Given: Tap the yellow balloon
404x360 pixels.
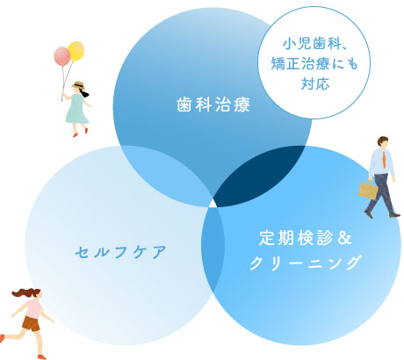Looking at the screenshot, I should [x=76, y=51].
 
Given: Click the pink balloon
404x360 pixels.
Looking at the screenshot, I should [x=61, y=57].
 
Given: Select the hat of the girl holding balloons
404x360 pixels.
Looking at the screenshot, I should [x=79, y=86].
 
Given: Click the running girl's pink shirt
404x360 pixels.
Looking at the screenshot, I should [x=34, y=308].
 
